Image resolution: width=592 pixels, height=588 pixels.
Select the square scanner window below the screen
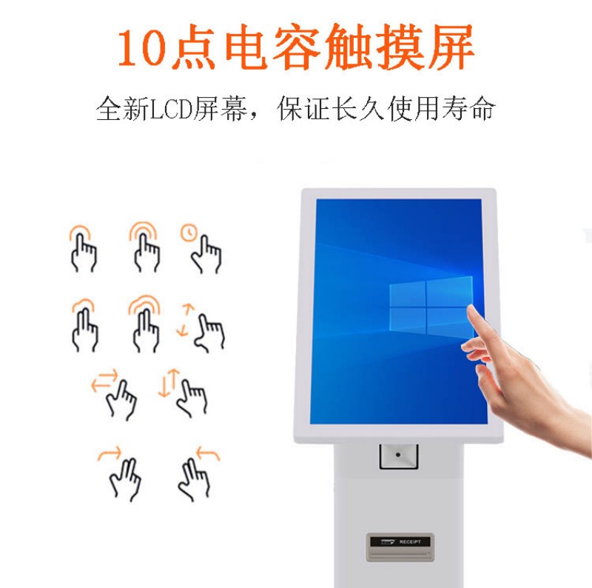click(398, 455)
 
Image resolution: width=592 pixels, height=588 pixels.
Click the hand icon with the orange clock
click(201, 250)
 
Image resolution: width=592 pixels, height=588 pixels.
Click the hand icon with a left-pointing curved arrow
click(195, 474)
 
